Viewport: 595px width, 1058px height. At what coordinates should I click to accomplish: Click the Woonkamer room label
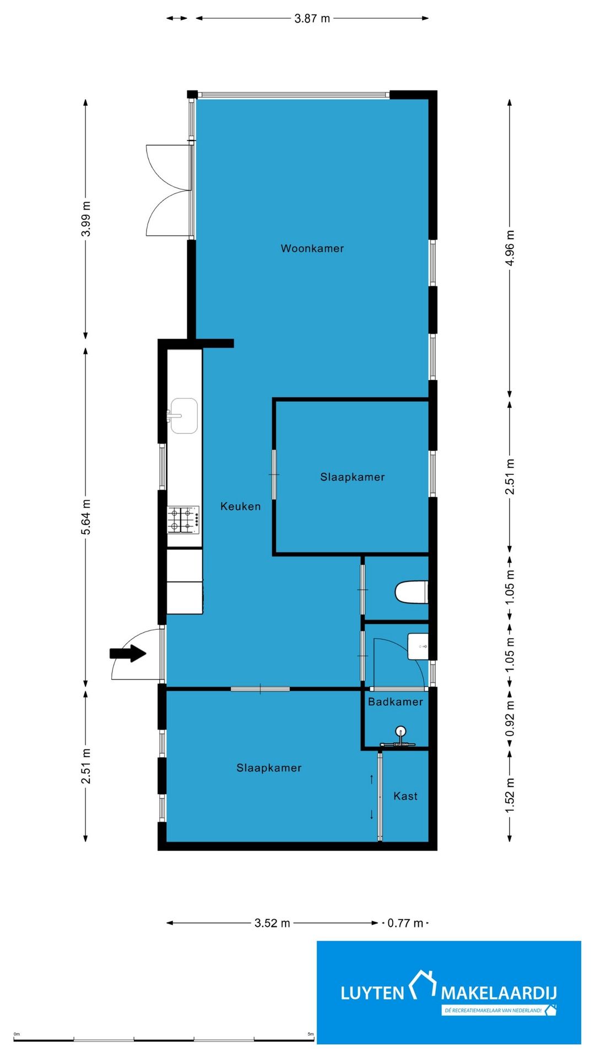[312, 249]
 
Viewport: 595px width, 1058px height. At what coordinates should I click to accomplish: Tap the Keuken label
[241, 506]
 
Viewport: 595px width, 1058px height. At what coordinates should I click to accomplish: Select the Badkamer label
[396, 701]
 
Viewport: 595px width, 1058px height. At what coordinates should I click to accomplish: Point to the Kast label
[405, 796]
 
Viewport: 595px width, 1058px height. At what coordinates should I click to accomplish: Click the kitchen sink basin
[183, 416]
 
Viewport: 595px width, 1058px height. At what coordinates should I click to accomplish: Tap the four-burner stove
[183, 520]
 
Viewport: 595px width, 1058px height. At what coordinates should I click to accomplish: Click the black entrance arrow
[128, 654]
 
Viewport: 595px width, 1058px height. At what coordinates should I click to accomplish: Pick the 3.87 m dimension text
[312, 18]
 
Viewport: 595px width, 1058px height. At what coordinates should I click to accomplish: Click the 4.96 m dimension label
[510, 248]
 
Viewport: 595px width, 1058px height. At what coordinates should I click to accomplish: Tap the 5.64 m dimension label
[86, 517]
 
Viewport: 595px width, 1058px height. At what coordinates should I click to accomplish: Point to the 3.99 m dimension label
[86, 219]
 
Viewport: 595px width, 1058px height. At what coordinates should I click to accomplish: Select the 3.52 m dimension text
[272, 923]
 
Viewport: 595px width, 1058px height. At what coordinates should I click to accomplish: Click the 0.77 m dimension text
[405, 923]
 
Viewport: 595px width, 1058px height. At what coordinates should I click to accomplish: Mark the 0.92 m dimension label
[510, 719]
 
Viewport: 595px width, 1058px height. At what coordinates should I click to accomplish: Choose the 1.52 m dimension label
[510, 795]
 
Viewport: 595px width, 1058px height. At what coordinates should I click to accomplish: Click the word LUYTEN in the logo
[372, 994]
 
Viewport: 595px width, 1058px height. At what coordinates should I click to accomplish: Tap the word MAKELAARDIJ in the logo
[499, 994]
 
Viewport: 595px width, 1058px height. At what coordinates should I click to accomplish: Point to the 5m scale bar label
[311, 1034]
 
